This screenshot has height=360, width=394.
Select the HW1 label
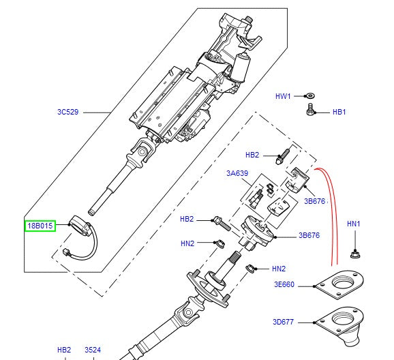point(284,97)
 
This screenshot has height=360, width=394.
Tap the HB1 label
point(339,112)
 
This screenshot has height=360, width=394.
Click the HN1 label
point(354,224)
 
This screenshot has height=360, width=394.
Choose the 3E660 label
point(284,284)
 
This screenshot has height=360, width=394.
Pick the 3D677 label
point(284,322)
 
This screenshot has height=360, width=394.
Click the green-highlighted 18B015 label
point(40,225)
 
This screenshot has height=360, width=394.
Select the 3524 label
point(93,350)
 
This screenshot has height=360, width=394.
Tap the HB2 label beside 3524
point(64,350)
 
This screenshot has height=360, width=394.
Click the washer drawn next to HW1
point(310,97)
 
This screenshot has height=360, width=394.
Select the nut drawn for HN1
point(354,254)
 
